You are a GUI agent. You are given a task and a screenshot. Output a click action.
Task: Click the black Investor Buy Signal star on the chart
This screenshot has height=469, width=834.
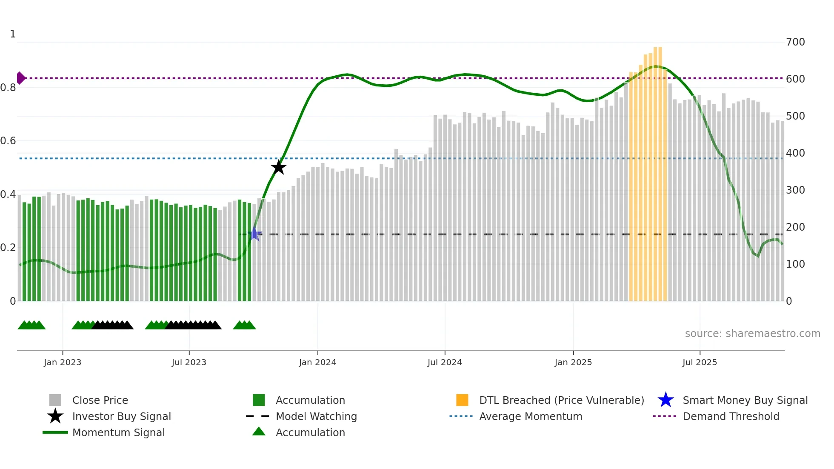coord(279,167)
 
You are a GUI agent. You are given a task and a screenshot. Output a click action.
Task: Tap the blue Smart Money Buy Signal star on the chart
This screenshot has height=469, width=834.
coord(254,234)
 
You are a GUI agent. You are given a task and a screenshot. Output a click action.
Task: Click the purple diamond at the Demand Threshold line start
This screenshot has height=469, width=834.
coord(20,78)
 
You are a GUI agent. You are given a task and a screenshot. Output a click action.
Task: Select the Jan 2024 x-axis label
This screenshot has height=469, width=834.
coord(317,362)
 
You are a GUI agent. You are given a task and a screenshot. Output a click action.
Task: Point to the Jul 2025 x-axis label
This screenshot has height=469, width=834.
coord(700,362)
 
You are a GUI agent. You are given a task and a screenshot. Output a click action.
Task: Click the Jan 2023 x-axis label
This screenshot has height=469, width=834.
coord(63,362)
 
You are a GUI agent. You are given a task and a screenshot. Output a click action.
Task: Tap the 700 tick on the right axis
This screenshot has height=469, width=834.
coord(795,42)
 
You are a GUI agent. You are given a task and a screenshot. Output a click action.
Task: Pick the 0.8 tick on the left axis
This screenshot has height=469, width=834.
coord(8,88)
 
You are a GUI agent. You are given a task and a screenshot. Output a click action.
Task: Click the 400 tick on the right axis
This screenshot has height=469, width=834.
coord(795,153)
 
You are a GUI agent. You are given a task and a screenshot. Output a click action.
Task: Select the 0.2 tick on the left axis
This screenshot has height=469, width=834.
coord(8,248)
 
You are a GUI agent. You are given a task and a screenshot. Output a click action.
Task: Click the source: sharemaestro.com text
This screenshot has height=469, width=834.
coord(752,334)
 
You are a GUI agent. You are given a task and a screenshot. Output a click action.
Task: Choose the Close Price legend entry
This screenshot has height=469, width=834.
coord(100,400)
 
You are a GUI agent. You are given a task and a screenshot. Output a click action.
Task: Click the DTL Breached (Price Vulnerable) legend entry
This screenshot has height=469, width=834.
coord(561,400)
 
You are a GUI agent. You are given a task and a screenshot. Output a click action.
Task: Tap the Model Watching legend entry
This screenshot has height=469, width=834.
coord(316,416)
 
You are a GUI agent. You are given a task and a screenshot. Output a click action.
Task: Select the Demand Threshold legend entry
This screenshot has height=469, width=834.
coord(731,416)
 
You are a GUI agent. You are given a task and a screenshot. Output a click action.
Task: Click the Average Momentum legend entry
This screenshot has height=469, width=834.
coord(530,416)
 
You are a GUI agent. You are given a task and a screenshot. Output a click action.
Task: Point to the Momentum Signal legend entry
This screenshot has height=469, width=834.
coord(118,432)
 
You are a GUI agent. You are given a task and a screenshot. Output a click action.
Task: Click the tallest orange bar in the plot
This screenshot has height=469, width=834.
coord(658,170)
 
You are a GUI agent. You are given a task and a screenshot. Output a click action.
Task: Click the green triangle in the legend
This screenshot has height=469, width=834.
coord(259,432)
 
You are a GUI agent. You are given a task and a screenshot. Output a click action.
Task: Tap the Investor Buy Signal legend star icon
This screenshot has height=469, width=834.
coord(55,416)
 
